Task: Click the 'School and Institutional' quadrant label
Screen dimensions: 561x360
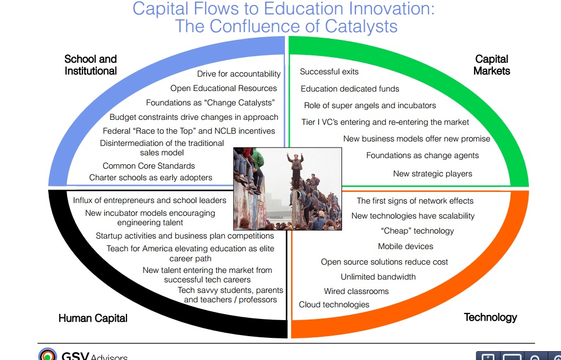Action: coord(90,65)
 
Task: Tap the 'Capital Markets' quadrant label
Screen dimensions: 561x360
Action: coord(492,65)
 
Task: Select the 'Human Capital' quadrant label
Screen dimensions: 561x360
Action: coord(93,318)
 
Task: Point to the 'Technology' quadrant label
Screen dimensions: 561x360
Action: coord(491,317)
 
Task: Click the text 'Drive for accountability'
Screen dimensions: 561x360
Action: coord(239,74)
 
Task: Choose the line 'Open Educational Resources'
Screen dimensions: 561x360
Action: coord(223,88)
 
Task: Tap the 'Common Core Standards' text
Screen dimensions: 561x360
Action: coord(149,166)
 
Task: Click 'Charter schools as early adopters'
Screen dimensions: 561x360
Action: coord(151,178)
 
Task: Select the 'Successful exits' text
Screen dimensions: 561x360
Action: coord(329,72)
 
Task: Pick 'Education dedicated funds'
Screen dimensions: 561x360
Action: coord(350,89)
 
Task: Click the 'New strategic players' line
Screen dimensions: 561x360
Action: coord(432,174)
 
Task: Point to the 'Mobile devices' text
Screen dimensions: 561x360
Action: coord(406,246)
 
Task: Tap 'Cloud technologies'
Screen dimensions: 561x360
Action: coord(334,305)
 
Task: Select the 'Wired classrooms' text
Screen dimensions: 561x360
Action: coord(356,291)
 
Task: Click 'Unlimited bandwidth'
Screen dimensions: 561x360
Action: coord(378,277)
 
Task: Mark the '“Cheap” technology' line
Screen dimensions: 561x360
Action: coord(417,231)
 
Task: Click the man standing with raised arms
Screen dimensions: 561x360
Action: coord(295,170)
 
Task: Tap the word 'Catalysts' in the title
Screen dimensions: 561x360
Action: coord(361,26)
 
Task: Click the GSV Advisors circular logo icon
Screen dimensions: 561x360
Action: coord(48,354)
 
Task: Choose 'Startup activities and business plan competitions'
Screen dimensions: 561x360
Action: coord(185,236)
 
